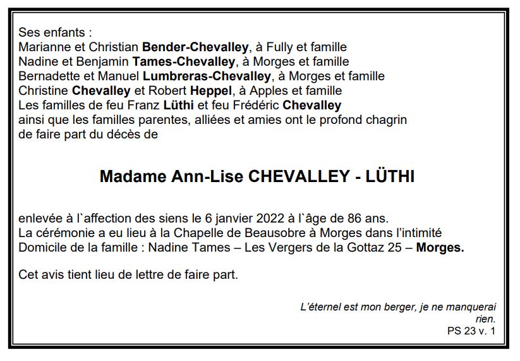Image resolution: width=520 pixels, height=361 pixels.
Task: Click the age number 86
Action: [x=358, y=219]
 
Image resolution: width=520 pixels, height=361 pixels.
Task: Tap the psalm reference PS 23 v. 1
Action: [x=471, y=330]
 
